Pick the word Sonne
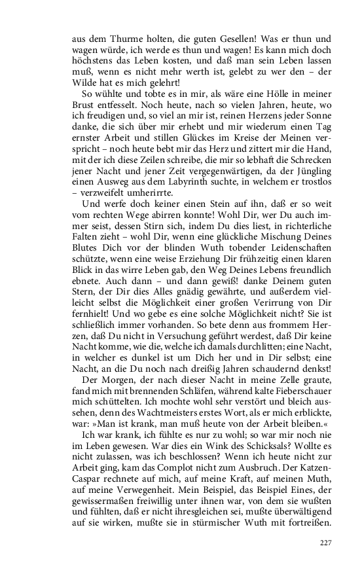tap(321, 122)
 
